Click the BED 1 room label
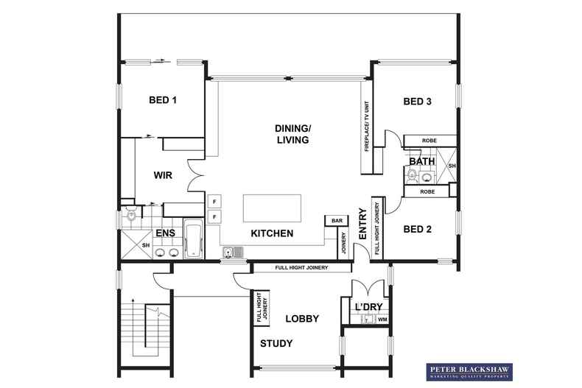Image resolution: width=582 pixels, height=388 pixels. (x=164, y=100)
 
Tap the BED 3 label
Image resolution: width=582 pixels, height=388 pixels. (x=417, y=102)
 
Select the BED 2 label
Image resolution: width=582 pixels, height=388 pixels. (x=418, y=230)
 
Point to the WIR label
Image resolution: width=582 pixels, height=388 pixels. (x=163, y=176)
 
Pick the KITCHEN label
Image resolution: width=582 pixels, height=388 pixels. (x=272, y=234)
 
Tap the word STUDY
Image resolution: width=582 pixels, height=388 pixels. (x=276, y=344)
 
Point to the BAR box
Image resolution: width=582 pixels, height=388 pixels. (x=337, y=220)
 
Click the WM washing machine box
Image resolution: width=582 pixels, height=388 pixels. (x=382, y=320)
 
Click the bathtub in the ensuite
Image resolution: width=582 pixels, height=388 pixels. (x=194, y=239)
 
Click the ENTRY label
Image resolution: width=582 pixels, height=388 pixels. (x=362, y=224)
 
